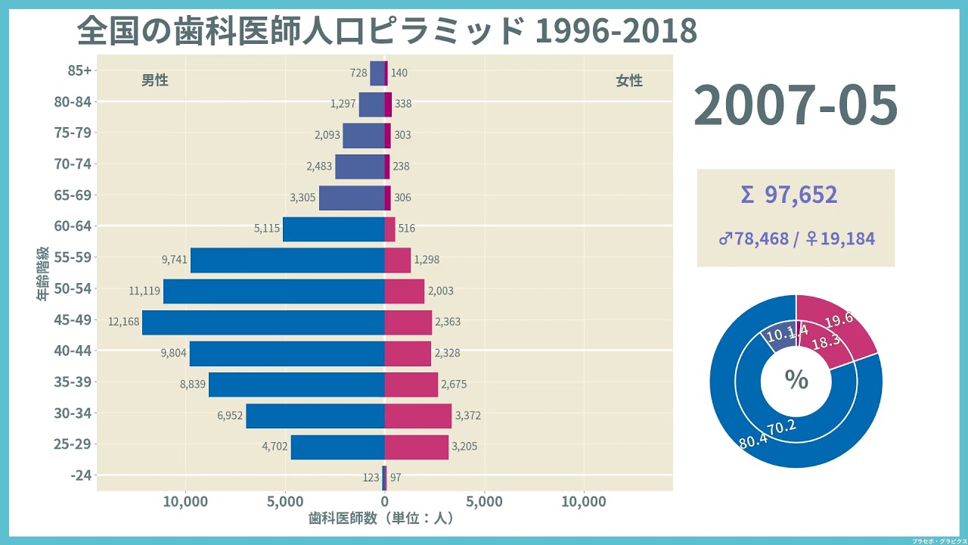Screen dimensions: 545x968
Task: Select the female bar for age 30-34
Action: click(417, 416)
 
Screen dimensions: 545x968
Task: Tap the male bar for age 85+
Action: click(377, 73)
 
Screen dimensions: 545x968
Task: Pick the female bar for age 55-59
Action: click(398, 260)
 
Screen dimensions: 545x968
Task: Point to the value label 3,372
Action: click(467, 416)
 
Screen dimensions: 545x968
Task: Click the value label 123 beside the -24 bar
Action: click(371, 478)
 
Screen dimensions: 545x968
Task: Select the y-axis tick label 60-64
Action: click(73, 226)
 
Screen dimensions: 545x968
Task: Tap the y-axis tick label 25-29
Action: click(73, 444)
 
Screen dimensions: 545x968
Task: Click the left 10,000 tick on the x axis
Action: click(185, 502)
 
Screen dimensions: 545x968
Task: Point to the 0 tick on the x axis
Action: click(384, 502)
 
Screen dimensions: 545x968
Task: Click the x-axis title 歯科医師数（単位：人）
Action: click(380, 519)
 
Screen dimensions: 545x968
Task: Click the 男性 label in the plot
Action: click(155, 80)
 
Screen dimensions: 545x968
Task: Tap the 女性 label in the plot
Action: click(628, 80)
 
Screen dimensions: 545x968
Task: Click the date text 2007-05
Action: click(796, 106)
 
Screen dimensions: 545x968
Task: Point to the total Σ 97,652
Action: click(790, 195)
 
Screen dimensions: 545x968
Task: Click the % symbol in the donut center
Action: click(796, 380)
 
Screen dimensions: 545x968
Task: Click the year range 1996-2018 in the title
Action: click(616, 31)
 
